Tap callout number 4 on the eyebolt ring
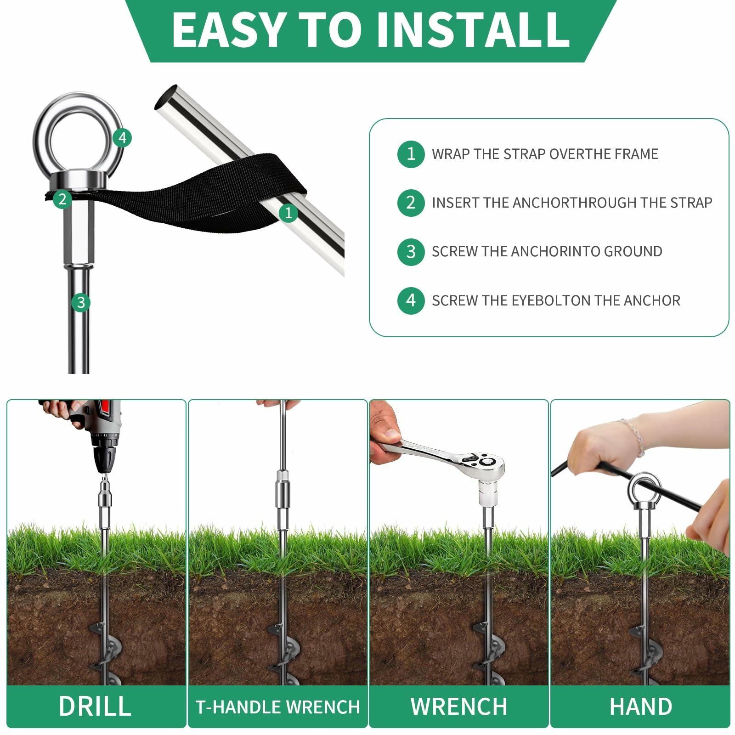[122, 137]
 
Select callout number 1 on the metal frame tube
[288, 212]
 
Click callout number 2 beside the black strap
[62, 199]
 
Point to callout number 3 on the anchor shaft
[81, 302]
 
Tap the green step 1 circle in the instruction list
[411, 154]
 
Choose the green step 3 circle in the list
[411, 252]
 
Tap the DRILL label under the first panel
[95, 706]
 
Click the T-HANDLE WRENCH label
[277, 707]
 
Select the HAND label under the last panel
[640, 706]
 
